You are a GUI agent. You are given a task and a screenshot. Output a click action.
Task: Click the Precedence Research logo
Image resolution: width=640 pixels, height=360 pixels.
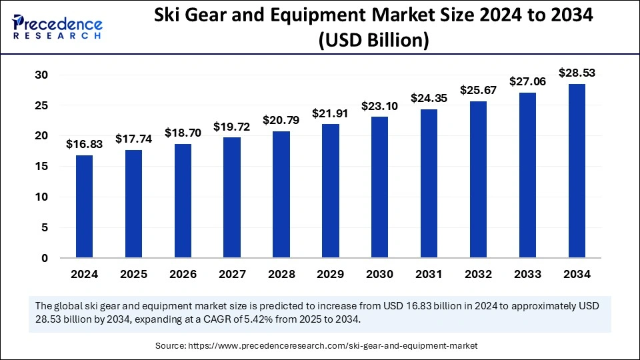pyautogui.click(x=57, y=26)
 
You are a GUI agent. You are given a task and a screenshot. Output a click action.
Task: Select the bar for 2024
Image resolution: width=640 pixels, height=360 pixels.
pyautogui.click(x=84, y=207)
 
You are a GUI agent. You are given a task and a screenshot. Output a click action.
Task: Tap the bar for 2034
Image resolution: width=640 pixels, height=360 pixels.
pyautogui.click(x=577, y=171)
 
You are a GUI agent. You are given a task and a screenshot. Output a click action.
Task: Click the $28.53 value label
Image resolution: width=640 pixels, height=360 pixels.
pyautogui.click(x=577, y=71)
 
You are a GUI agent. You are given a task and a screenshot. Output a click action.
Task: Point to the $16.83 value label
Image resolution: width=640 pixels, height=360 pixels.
pyautogui.click(x=84, y=143)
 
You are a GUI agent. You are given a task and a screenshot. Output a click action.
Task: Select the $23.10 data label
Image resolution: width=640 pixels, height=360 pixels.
pyautogui.click(x=379, y=105)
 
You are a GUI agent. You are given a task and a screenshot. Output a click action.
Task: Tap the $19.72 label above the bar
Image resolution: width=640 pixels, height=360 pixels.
pyautogui.click(x=232, y=126)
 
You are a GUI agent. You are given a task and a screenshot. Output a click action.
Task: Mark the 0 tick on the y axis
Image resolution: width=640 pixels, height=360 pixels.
pyautogui.click(x=44, y=258)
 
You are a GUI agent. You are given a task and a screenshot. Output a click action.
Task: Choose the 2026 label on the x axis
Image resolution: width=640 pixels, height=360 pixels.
pyautogui.click(x=183, y=274)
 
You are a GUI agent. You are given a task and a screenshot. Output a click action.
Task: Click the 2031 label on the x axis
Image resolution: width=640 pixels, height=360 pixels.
pyautogui.click(x=429, y=274)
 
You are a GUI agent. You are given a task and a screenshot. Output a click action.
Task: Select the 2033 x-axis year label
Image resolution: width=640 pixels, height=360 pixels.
pyautogui.click(x=527, y=274)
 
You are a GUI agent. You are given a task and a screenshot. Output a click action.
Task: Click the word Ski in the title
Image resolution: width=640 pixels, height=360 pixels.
pyautogui.click(x=169, y=17)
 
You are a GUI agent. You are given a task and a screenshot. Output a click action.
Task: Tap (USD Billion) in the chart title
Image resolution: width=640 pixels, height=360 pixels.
pyautogui.click(x=373, y=41)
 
